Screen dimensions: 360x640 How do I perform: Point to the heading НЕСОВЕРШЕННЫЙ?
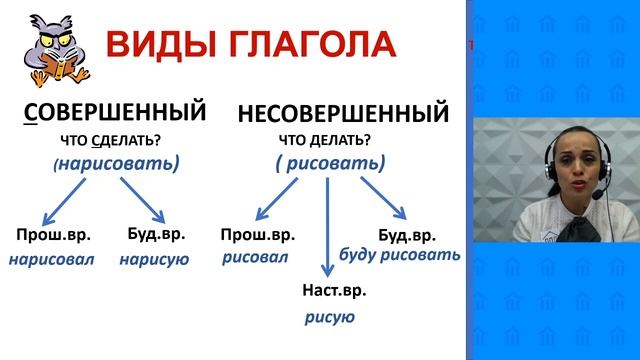pyautogui.click(x=343, y=113)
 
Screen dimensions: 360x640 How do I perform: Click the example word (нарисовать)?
pyautogui.click(x=118, y=163)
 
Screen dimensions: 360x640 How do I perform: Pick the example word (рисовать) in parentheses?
pyautogui.click(x=329, y=163)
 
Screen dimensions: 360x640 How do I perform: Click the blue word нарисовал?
pyautogui.click(x=51, y=260)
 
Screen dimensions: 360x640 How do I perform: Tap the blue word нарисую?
pyautogui.click(x=154, y=260)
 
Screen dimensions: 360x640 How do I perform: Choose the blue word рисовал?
pyautogui.click(x=256, y=258)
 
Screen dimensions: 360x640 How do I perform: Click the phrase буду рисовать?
pyautogui.click(x=400, y=254)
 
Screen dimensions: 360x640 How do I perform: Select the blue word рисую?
pyautogui.click(x=330, y=317)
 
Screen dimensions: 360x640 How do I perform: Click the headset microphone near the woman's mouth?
pyautogui.click(x=596, y=196)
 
